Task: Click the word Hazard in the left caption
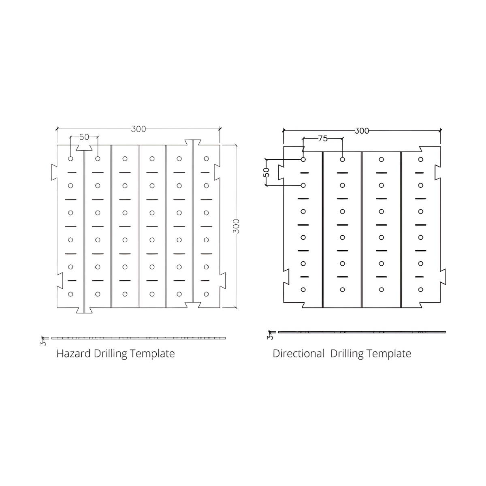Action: [x=73, y=354]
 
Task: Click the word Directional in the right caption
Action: [x=298, y=354]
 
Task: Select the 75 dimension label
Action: [x=322, y=139]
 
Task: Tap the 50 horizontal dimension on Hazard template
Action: [x=84, y=137]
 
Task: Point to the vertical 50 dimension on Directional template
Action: [x=266, y=172]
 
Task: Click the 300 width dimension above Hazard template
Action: [x=139, y=129]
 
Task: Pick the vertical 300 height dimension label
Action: [x=236, y=226]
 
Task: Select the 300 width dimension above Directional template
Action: [x=362, y=131]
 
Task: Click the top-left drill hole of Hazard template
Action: [x=70, y=159]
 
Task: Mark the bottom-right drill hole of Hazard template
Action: [x=206, y=294]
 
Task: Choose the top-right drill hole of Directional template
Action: [x=421, y=160]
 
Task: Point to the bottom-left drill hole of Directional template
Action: [x=303, y=290]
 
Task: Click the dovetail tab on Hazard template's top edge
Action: [x=193, y=143]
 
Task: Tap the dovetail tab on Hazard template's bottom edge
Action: [x=84, y=311]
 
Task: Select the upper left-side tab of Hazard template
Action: [x=54, y=172]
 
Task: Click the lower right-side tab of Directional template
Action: [x=443, y=277]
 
